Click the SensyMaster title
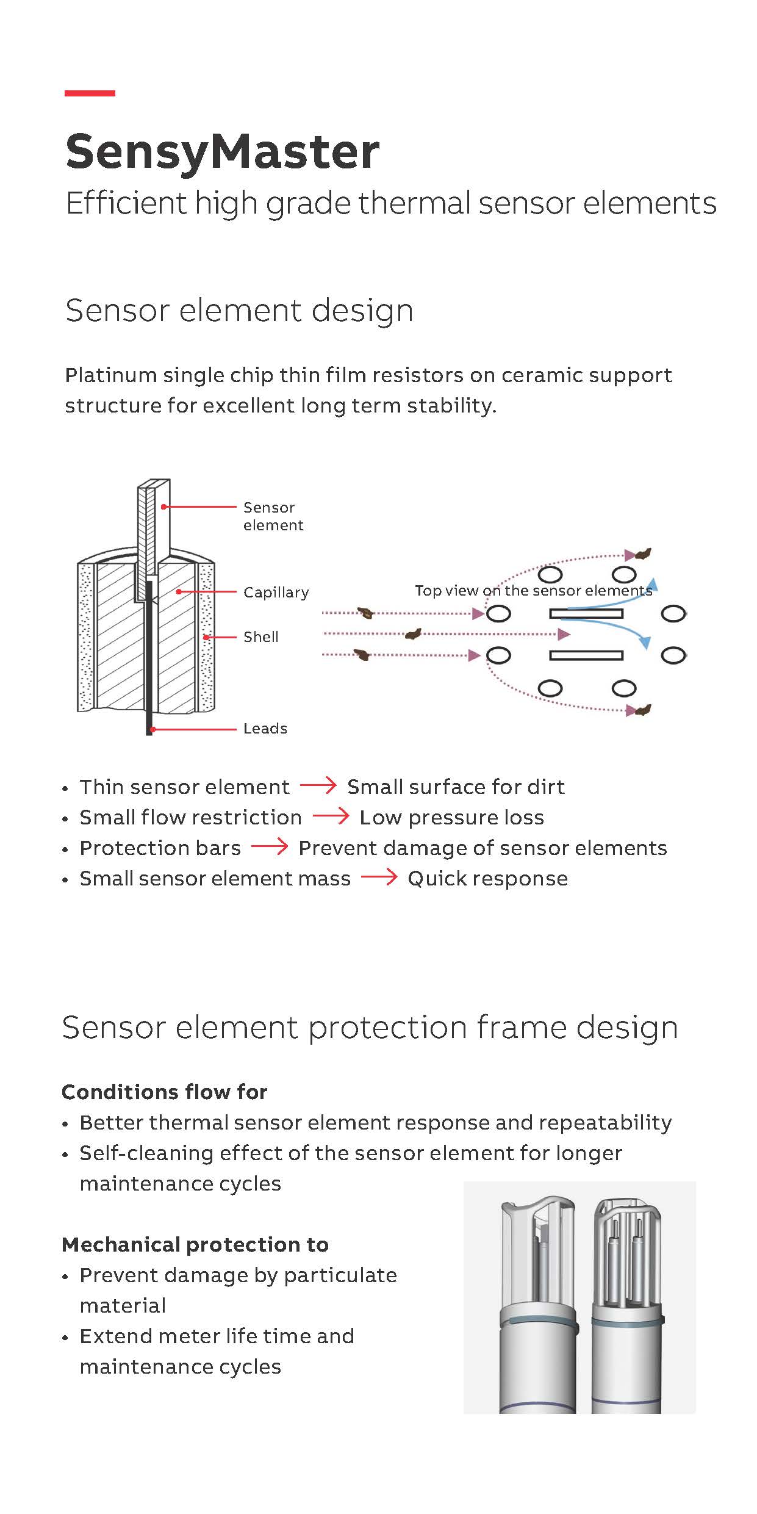click(x=223, y=153)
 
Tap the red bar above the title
click(x=90, y=93)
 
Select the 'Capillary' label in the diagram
click(x=276, y=593)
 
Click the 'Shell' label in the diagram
click(x=261, y=636)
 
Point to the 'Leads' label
click(x=265, y=728)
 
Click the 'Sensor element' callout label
click(x=273, y=516)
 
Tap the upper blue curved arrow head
click(x=651, y=584)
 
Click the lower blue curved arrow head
click(x=645, y=642)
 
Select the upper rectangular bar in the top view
click(x=586, y=613)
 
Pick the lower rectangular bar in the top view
click(x=586, y=655)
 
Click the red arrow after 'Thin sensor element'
click(x=318, y=785)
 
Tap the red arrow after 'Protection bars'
click(x=270, y=846)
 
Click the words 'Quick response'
click(x=488, y=879)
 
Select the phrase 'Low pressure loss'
click(x=451, y=818)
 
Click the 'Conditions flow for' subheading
click(x=165, y=1092)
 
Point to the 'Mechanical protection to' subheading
click(x=195, y=1244)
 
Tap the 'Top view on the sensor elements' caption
click(x=534, y=591)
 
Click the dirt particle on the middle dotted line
click(x=413, y=634)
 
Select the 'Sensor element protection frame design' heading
click(x=370, y=1027)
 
